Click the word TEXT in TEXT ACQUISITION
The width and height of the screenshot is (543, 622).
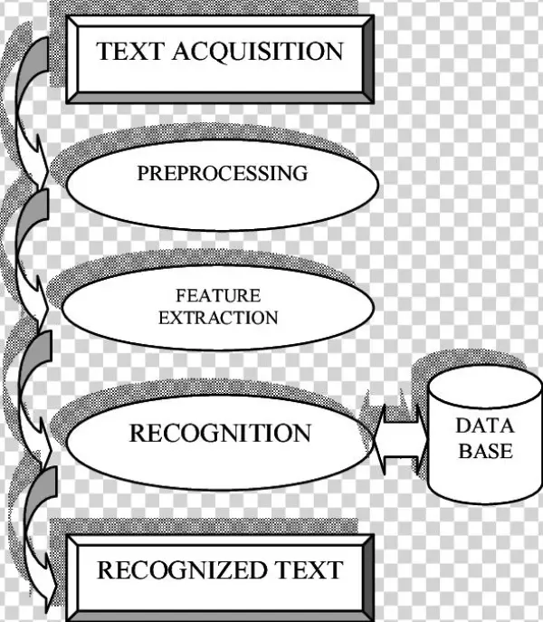pos(128,51)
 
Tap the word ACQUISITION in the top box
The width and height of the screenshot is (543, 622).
pos(256,51)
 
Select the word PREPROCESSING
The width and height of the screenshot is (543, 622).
pos(222,173)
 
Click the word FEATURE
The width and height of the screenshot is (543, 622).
pos(218,296)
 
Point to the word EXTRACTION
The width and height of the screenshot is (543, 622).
pos(218,318)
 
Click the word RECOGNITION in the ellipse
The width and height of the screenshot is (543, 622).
pos(220,433)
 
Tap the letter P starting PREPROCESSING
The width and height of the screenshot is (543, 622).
pos(143,173)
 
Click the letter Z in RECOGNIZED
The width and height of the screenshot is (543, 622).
pos(229,569)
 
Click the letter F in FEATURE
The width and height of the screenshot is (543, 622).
pos(181,296)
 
